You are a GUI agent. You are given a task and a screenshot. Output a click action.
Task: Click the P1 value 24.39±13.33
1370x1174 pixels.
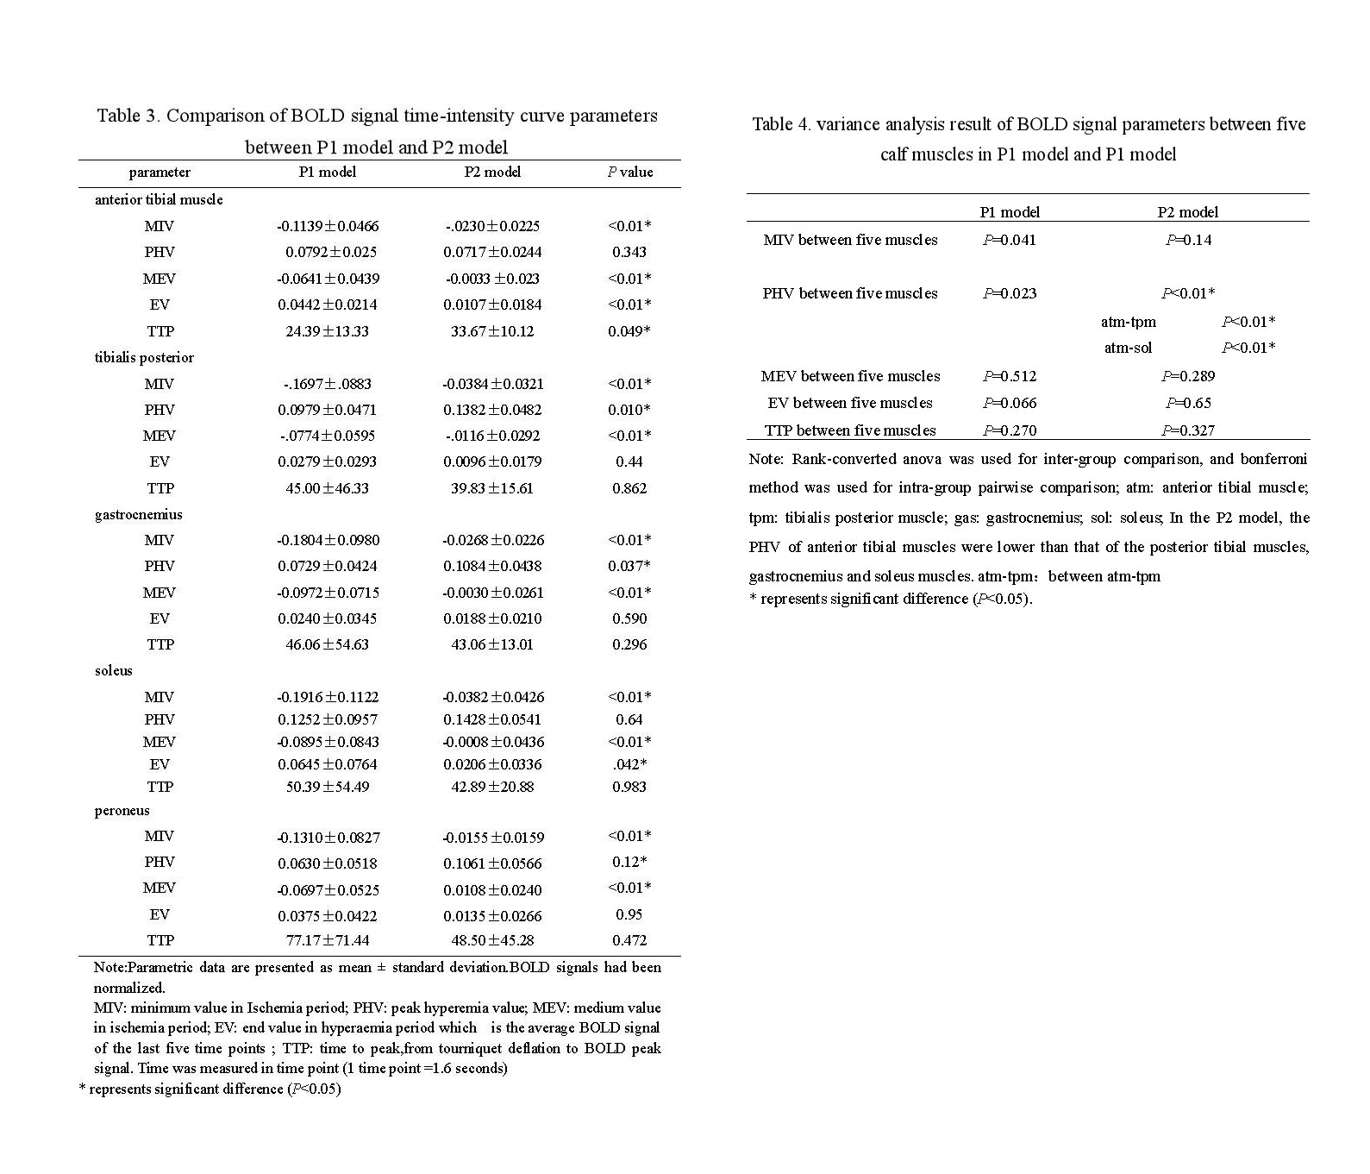click(327, 331)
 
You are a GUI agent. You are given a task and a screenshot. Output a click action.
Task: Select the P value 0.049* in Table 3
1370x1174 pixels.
click(629, 331)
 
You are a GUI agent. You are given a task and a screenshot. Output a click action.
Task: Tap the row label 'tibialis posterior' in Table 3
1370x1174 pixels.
click(144, 357)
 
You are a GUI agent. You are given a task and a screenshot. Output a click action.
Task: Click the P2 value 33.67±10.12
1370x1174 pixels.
click(492, 331)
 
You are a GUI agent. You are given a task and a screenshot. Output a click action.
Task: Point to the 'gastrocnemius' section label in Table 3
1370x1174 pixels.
click(138, 514)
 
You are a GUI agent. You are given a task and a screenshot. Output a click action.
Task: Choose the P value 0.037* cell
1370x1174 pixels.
click(629, 566)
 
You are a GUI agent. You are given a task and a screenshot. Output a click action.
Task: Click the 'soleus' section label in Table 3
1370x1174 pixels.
click(114, 670)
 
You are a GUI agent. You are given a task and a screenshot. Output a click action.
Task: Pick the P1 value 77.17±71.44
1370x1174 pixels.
click(327, 940)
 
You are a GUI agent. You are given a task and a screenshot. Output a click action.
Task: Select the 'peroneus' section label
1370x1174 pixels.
click(122, 810)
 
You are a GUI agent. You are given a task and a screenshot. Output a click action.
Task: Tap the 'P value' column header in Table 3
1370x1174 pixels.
click(629, 172)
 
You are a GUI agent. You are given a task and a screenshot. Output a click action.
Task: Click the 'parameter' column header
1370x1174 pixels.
click(160, 172)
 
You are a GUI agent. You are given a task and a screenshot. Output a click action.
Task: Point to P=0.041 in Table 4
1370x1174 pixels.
click(1010, 240)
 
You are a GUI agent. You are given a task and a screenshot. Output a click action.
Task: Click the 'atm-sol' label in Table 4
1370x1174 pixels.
click(1128, 348)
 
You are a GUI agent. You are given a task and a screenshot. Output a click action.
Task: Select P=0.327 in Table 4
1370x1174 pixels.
click(1187, 430)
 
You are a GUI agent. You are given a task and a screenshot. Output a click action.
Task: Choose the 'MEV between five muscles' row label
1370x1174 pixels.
click(850, 376)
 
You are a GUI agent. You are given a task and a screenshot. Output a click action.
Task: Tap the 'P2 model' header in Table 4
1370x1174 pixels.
click(1187, 212)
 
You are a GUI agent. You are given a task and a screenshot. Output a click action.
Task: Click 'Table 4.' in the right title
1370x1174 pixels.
click(781, 124)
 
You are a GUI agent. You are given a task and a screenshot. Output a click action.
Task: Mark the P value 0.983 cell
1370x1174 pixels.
click(629, 787)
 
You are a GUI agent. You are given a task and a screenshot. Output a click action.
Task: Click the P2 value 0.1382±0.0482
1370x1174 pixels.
click(492, 410)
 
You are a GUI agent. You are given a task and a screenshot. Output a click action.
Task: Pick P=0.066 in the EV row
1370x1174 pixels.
click(1010, 403)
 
